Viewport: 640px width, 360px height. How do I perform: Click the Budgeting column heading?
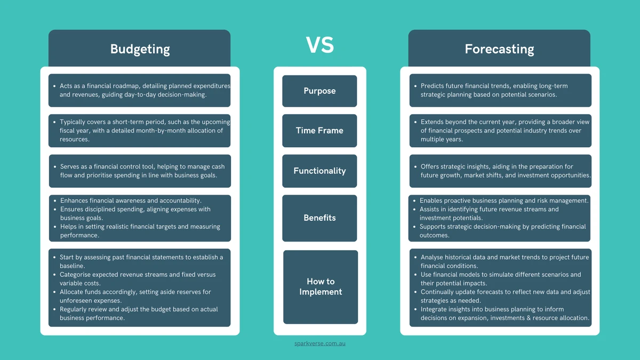(140, 49)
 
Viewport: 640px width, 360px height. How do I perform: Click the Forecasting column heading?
(499, 49)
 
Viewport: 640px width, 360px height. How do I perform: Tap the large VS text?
(320, 45)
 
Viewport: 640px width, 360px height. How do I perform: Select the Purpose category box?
(319, 91)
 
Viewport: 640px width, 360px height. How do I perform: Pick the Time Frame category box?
(319, 130)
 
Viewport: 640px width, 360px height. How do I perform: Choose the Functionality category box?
(319, 171)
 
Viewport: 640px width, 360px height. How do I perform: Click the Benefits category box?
(319, 218)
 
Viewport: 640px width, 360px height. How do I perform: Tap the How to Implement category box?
(320, 286)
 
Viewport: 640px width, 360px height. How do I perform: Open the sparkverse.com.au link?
(320, 343)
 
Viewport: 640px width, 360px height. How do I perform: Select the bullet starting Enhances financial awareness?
(130, 201)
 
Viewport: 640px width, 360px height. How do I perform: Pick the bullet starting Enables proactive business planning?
(504, 201)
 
